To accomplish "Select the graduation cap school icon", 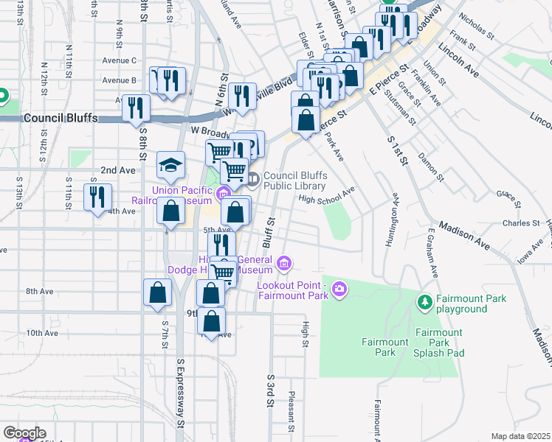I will (170, 166).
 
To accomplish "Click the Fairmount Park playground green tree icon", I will (424, 302).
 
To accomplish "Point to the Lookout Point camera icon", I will (339, 288).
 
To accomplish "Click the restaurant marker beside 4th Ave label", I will (97, 197).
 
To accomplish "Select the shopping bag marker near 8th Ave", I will (158, 292).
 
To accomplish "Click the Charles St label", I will (522, 223).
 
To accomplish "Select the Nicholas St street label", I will (476, 25).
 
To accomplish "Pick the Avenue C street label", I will (120, 60).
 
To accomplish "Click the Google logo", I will (24, 433).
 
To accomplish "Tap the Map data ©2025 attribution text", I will (520, 436).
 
